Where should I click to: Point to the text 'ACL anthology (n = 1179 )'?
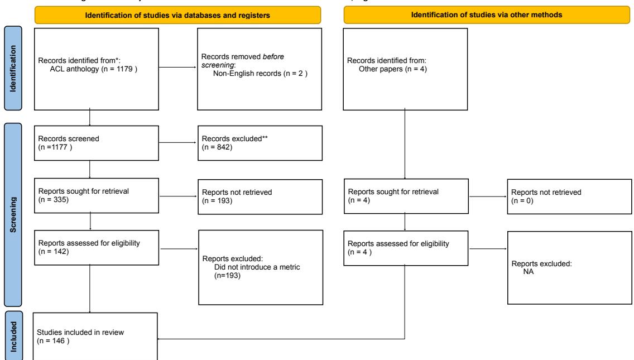[92, 69]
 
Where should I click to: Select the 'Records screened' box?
[90, 143]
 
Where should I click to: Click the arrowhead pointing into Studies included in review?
[161, 338]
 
